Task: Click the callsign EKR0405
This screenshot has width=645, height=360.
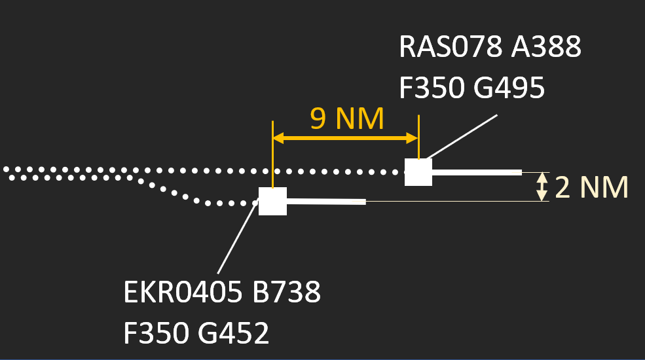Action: [x=181, y=293]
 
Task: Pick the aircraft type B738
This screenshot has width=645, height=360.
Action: [x=286, y=293]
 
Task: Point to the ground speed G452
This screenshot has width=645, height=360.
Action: [x=232, y=334]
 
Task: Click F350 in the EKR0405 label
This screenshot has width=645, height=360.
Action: [x=155, y=334]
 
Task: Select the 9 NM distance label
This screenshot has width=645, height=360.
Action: [x=346, y=119]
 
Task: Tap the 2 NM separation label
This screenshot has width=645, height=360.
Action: [x=591, y=188]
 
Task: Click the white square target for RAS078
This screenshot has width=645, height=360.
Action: [x=418, y=172]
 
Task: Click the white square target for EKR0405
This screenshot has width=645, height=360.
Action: [x=272, y=202]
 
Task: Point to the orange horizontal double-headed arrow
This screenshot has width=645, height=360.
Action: [x=345, y=138]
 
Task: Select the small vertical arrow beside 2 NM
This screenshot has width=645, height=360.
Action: [x=542, y=187]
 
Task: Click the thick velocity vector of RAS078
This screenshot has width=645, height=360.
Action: [x=476, y=173]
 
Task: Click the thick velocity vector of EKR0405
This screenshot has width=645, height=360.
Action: [x=326, y=202]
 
